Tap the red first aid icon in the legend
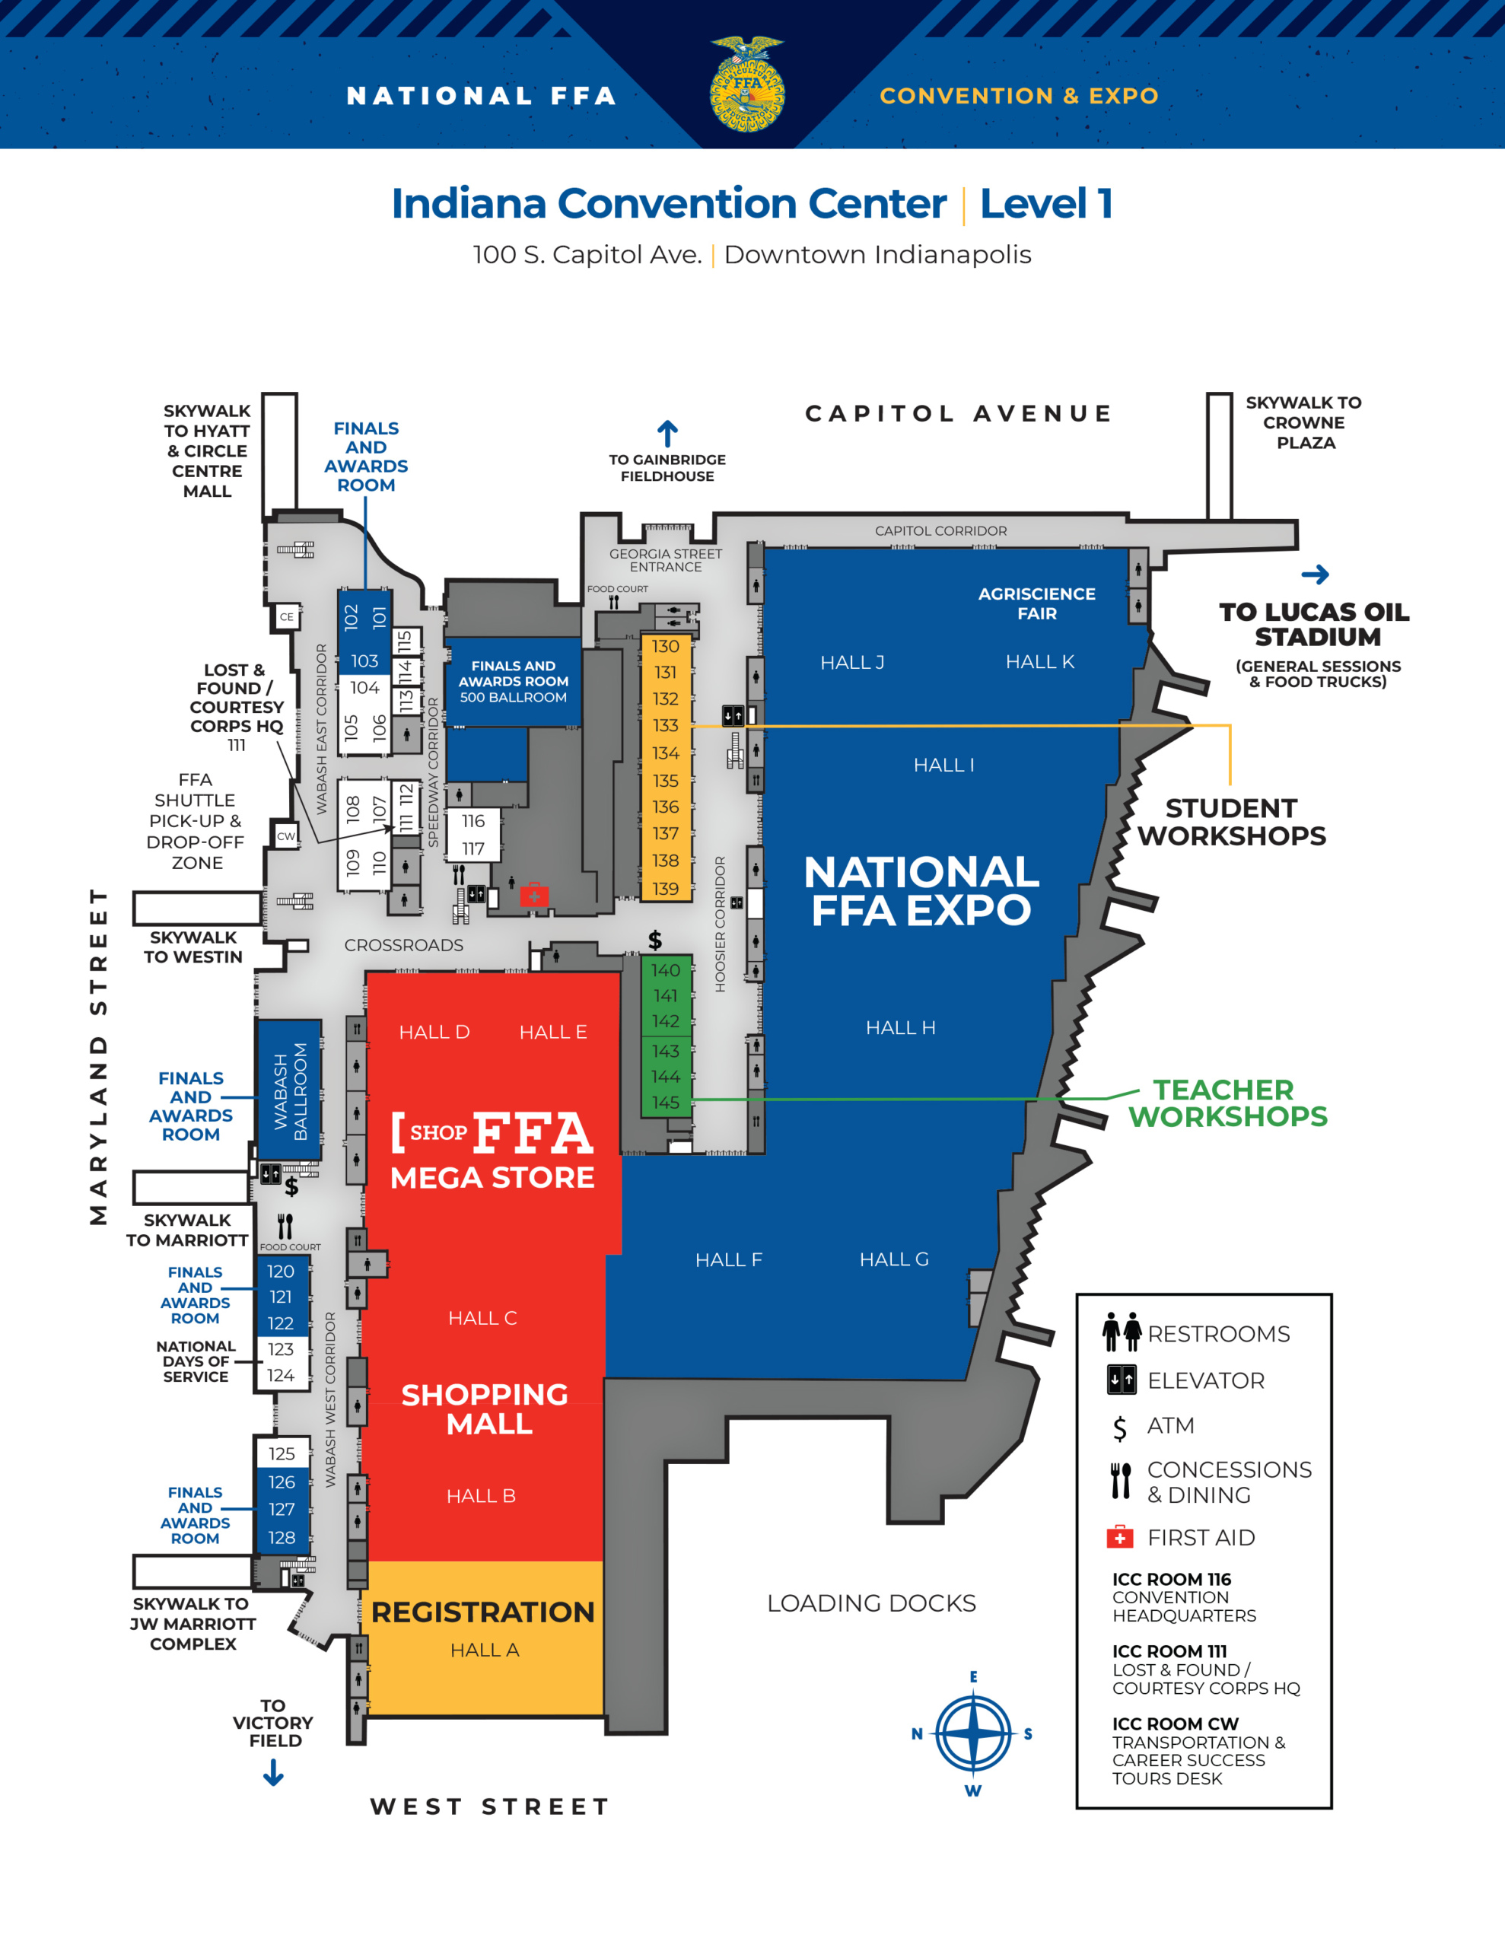point(1119,1537)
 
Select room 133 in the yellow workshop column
point(666,726)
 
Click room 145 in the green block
point(666,1103)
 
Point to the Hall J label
point(852,663)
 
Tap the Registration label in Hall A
point(482,1612)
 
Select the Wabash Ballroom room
point(289,1090)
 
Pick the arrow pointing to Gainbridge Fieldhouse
point(667,434)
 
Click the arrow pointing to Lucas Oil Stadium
point(1315,575)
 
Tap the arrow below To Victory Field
point(274,1772)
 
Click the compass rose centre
point(972,1734)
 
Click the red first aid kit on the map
point(534,895)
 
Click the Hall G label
point(894,1259)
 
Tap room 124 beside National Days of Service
point(281,1375)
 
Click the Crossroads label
point(404,945)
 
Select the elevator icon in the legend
point(1122,1380)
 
